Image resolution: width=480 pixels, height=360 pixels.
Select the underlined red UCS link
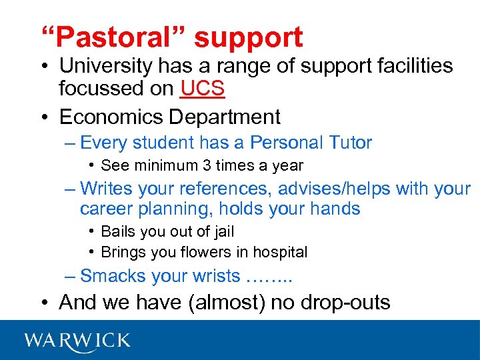pyautogui.click(x=203, y=87)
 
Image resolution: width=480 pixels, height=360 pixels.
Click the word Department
pyautogui.click(x=225, y=117)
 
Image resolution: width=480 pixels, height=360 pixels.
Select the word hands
pyautogui.click(x=335, y=209)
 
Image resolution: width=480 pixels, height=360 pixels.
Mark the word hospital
pyautogui.click(x=281, y=252)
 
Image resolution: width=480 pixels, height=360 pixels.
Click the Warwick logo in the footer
pyautogui.click(x=77, y=341)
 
